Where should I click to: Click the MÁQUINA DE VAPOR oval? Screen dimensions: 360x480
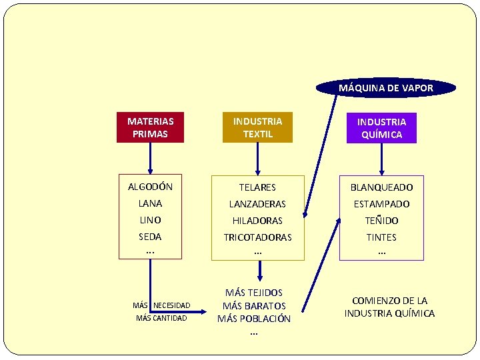pos(386,88)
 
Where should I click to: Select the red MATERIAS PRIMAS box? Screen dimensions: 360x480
pos(151,127)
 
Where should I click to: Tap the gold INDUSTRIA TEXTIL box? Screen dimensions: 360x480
pos(257,127)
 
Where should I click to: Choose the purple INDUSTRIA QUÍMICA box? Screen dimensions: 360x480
pos(381,128)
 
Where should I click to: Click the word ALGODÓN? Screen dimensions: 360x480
pos(151,187)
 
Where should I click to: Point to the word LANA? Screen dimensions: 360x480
pos(151,203)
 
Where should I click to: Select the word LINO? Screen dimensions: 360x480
pos(151,220)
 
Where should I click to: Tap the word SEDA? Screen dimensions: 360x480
pos(151,237)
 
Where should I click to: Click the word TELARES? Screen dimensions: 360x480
pos(258,187)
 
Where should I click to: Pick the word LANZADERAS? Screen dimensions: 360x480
pos(258,204)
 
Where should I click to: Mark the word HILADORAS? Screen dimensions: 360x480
pos(258,221)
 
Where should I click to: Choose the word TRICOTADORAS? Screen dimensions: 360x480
pos(258,237)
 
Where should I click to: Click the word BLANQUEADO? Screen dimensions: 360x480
pos(381,187)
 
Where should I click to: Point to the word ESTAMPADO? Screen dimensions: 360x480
pos(381,204)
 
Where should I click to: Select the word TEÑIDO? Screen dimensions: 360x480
pos(381,221)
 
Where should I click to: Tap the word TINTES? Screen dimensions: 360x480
pos(381,237)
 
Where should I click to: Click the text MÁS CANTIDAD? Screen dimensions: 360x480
pos(161,318)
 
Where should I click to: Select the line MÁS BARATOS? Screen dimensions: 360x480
pos(254,305)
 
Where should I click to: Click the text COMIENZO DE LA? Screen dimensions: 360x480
pos(390,301)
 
